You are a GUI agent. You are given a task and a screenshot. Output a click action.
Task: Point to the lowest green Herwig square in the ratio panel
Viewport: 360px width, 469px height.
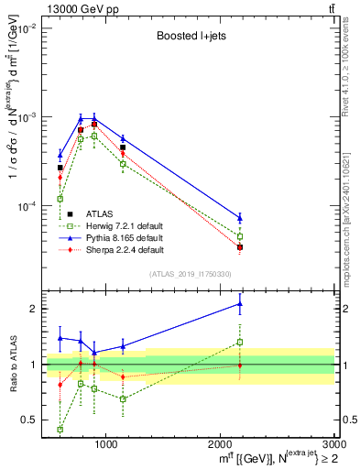point(60,429)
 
